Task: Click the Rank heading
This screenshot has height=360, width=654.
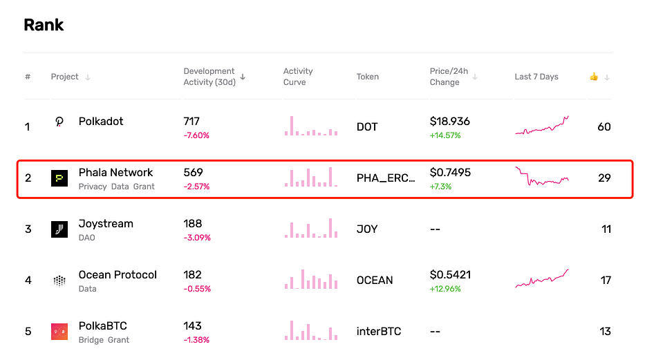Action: [44, 25]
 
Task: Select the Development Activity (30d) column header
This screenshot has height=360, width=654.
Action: [209, 77]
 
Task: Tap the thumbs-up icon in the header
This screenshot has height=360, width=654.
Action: [594, 77]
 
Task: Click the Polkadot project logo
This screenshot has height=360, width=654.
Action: [59, 122]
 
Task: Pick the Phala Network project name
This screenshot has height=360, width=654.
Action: [115, 173]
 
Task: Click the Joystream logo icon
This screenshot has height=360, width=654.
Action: [59, 229]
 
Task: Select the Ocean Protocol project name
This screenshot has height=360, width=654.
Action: [118, 275]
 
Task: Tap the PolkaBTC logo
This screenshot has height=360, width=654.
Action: [59, 332]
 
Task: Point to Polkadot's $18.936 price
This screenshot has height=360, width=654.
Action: [449, 122]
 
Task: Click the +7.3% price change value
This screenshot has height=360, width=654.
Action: [440, 187]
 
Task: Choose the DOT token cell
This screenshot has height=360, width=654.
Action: [367, 126]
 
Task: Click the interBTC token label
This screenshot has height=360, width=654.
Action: [379, 332]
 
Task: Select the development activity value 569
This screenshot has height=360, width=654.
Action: [193, 173]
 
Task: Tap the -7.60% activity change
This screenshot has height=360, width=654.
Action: [196, 135]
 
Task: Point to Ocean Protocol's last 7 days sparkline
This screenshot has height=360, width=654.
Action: [542, 278]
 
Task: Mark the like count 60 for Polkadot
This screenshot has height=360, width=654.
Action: [604, 126]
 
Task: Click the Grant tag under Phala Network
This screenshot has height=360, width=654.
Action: [144, 187]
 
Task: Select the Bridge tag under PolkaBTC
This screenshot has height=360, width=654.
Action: [91, 340]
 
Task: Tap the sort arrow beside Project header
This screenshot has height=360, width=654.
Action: [88, 77]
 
